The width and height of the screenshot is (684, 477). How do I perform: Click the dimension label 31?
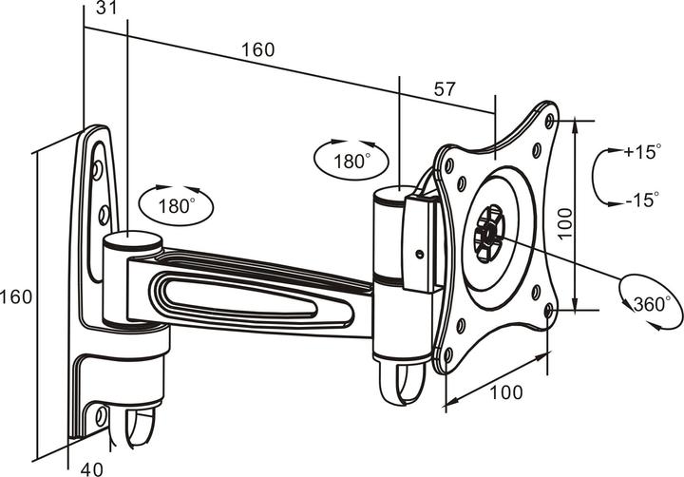(106, 8)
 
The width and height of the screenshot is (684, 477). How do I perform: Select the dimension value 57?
(445, 89)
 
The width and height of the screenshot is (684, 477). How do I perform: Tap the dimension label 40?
(92, 469)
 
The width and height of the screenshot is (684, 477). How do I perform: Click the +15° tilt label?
(642, 152)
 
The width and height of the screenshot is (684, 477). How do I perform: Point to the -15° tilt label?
(642, 200)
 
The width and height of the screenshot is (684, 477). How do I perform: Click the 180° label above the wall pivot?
(177, 206)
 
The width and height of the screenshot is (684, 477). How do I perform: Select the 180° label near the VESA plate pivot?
(351, 162)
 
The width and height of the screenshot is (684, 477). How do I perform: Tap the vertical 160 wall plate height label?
(16, 297)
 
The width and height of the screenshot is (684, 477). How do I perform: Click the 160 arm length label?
(258, 50)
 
